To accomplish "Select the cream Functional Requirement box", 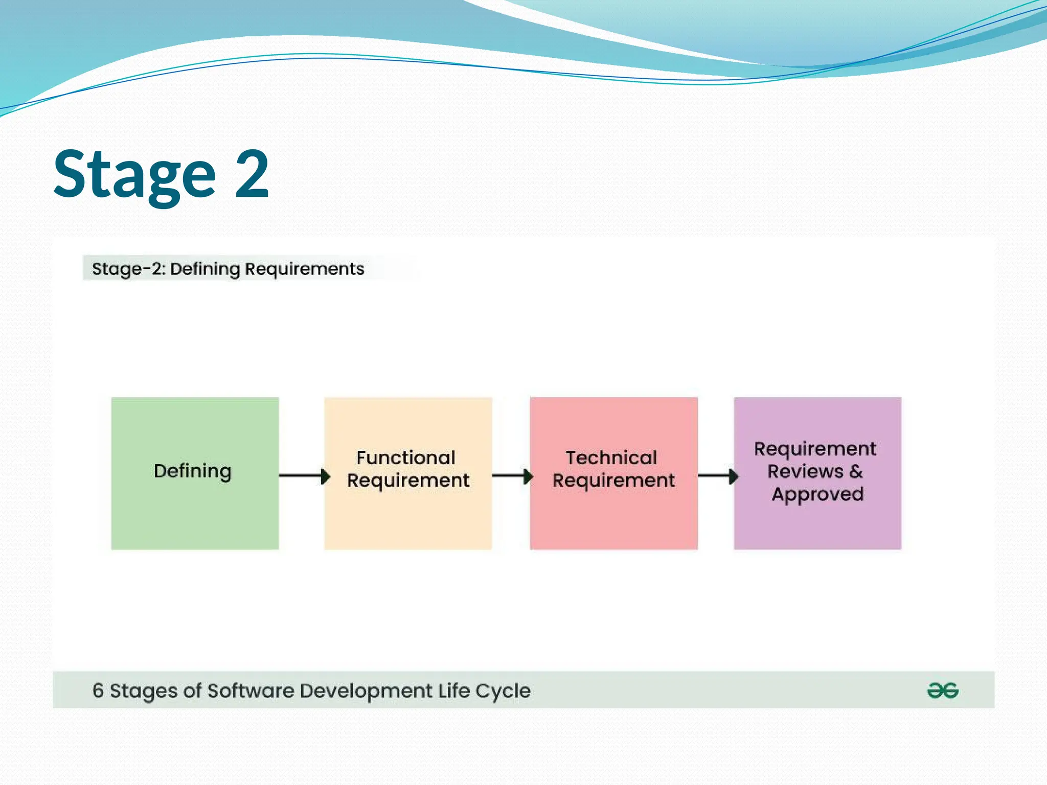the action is [x=408, y=516].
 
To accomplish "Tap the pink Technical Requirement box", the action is [x=613, y=516].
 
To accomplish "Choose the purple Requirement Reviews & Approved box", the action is [x=817, y=526].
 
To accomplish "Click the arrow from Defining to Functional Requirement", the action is [x=304, y=476].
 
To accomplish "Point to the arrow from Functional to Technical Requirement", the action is [x=512, y=476].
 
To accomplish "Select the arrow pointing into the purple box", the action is [x=717, y=476].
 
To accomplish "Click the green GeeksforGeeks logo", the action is [x=943, y=690].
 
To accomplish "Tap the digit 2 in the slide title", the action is [x=252, y=174].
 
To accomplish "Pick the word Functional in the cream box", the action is [x=406, y=457].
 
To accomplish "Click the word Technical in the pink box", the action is [x=611, y=457].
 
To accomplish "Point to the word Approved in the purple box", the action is [x=817, y=494].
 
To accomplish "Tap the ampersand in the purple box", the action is [x=856, y=471].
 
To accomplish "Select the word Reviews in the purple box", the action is [x=805, y=471].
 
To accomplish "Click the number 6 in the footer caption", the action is [x=98, y=690].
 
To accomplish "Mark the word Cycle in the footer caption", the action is [x=503, y=691].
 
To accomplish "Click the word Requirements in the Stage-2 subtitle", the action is [x=305, y=269].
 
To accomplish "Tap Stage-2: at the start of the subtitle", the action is [x=129, y=269].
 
